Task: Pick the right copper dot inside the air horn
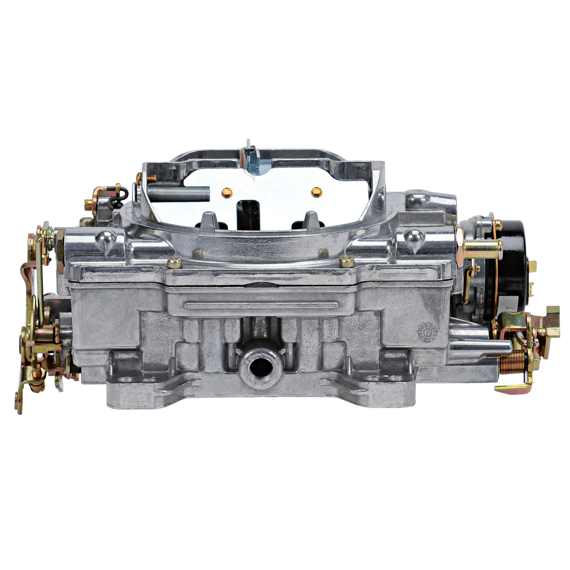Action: click(316, 191)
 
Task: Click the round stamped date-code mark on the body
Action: click(427, 331)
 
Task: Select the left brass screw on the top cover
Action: click(175, 263)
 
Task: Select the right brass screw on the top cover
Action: click(347, 262)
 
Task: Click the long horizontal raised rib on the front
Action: click(261, 306)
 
